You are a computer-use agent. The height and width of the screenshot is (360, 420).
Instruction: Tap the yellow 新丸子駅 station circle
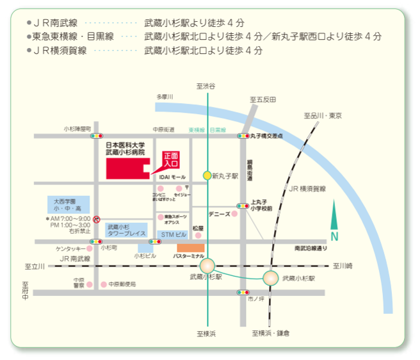tap(207, 175)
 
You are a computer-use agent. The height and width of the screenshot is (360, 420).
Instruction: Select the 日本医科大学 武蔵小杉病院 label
tap(125, 149)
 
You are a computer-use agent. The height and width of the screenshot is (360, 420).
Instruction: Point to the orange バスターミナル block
tap(191, 247)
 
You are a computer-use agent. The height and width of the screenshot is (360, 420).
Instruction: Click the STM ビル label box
tap(173, 235)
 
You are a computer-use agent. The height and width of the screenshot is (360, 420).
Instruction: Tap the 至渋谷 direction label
tap(206, 86)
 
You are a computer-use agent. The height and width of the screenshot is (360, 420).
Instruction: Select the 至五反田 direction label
tap(262, 99)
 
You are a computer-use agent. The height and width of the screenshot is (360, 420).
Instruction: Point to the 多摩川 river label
tap(165, 96)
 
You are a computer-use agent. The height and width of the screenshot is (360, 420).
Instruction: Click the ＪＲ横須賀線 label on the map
tap(307, 188)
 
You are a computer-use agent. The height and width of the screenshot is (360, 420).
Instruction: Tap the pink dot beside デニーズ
tap(234, 214)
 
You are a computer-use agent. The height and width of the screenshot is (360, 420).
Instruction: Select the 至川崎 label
tap(342, 265)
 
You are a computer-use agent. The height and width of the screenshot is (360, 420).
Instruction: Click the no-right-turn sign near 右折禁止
tap(96, 219)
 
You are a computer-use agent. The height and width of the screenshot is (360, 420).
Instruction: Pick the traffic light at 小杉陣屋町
tap(97, 136)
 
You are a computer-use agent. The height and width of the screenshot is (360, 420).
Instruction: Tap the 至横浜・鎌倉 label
tap(270, 333)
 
